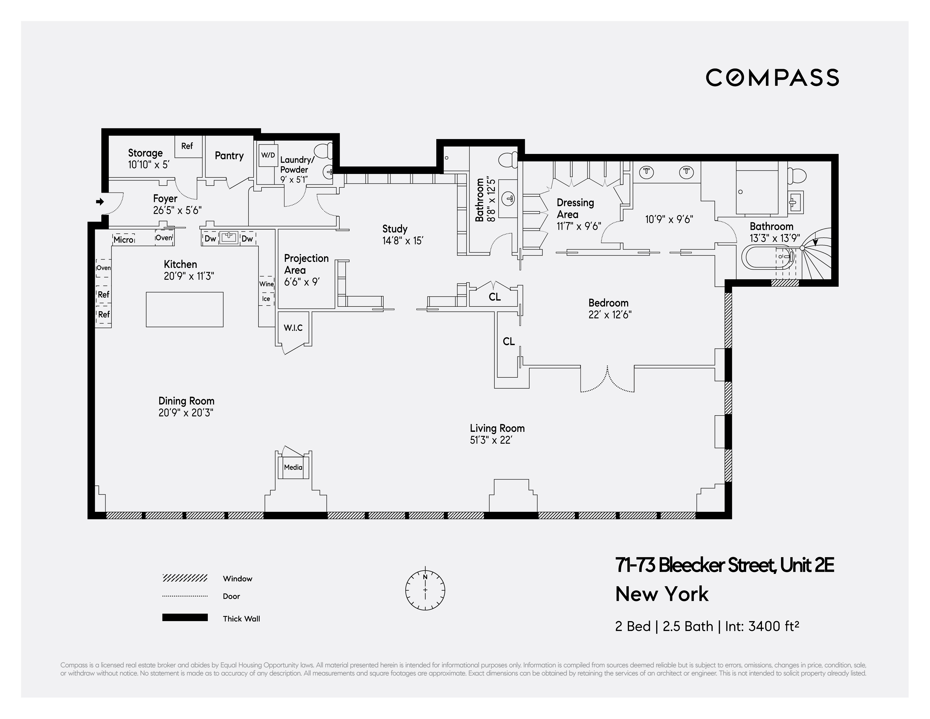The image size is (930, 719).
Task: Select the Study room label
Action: point(395,229)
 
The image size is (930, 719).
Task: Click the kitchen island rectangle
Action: point(184,309)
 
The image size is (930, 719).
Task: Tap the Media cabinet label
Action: point(293,467)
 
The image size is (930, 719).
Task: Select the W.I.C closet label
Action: point(293,328)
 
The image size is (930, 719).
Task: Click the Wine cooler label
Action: point(267,284)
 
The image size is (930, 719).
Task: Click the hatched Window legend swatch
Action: point(185,578)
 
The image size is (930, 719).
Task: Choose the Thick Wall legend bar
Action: point(185,618)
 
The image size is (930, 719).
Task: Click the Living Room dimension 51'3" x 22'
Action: point(490,440)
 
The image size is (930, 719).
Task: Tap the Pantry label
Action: point(229,156)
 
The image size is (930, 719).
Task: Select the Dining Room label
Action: point(186,401)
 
